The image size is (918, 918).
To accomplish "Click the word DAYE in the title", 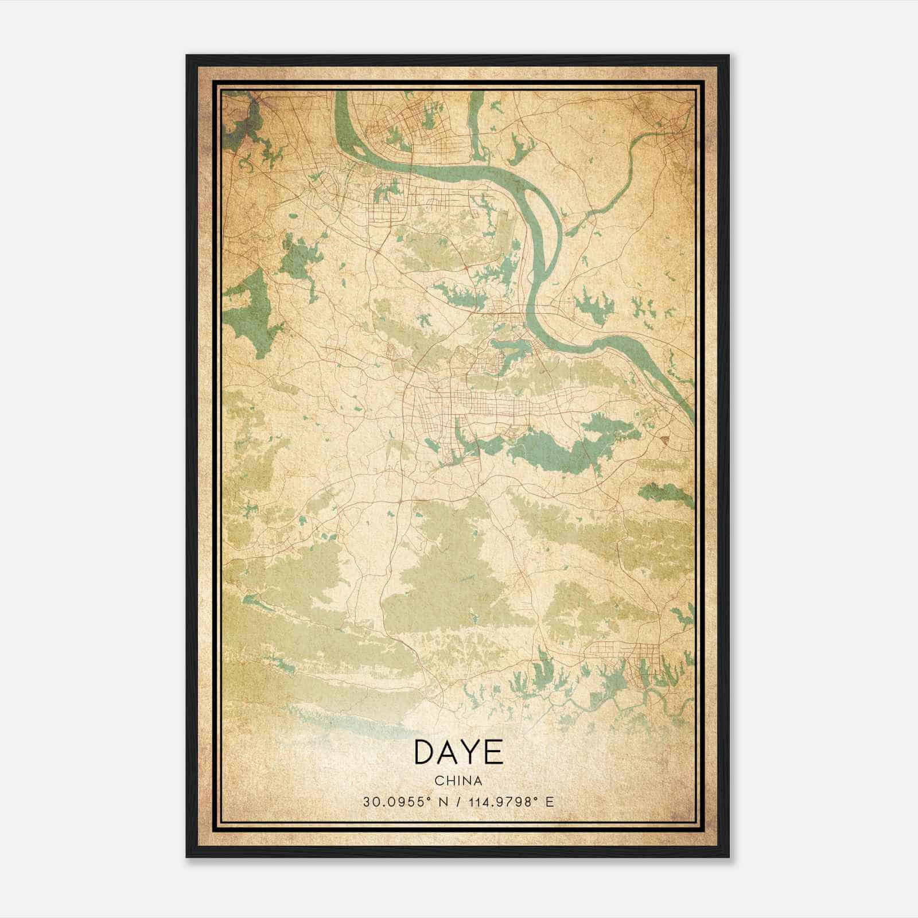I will coord(458,752).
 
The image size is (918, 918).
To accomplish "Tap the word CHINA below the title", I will coord(458,781).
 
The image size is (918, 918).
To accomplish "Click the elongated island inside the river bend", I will coord(545,229).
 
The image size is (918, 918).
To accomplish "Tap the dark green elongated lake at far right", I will coord(666,491).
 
